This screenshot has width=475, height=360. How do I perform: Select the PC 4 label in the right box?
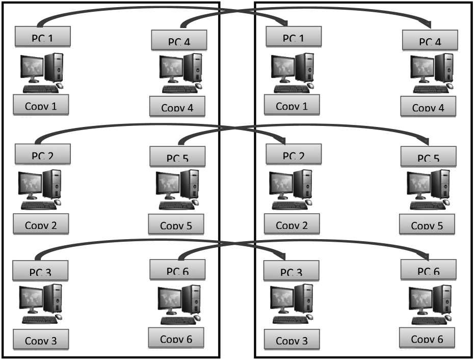pos(429,40)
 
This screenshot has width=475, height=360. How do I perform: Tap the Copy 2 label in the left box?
pos(41,224)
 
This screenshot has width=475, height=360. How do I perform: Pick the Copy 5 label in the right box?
pos(427,224)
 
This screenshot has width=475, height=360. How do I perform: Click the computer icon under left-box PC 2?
pos(40,189)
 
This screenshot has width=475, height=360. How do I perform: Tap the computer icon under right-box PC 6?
pos(430,305)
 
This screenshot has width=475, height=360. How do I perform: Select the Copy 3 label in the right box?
pos(292,340)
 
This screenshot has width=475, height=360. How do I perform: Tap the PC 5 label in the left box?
pos(177,157)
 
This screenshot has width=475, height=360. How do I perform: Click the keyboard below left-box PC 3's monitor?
pos(39,320)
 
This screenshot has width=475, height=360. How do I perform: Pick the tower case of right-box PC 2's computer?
pos(304,185)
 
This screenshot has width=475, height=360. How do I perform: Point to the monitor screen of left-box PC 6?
pos(169,297)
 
